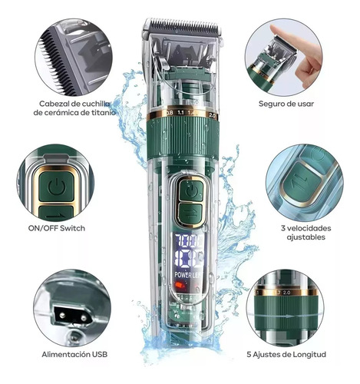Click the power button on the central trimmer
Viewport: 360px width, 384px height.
coord(191,190)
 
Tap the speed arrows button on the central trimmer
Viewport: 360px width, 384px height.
coord(190,214)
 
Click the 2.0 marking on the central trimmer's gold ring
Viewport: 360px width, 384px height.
coord(212,115)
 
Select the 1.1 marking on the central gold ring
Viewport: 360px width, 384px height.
coord(180,112)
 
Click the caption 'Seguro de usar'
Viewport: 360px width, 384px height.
coord(286,104)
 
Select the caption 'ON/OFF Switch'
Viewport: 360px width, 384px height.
coord(57,228)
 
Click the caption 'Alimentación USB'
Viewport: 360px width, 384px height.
coord(74,355)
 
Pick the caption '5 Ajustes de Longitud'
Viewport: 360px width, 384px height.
coord(286,355)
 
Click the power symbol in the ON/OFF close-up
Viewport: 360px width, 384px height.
coord(57,187)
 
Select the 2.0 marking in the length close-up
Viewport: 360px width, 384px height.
coord(286,293)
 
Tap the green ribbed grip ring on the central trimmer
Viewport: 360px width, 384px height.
coord(183,137)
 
